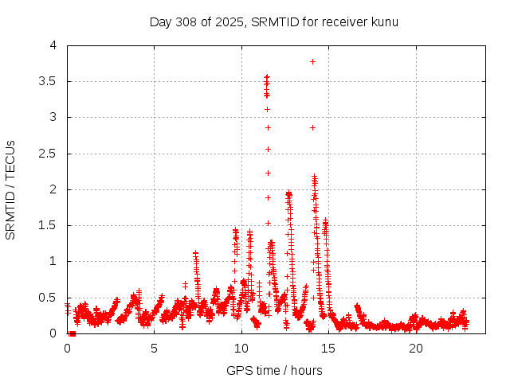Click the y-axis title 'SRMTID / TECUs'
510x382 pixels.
pos(10,189)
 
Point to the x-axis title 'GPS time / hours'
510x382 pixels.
pos(274,370)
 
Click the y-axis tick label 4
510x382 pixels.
pos(53,45)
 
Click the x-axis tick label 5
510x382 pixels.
pos(155,349)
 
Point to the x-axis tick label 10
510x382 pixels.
pos(241,349)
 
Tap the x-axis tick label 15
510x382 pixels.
pos(328,349)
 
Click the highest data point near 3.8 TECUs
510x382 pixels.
pos(312,61)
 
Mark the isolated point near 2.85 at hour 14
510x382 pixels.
pos(312,127)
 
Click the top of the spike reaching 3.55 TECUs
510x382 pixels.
pos(267,77)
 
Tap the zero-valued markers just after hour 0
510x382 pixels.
pos(72,333)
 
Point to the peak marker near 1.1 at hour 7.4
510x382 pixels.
pos(195,253)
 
